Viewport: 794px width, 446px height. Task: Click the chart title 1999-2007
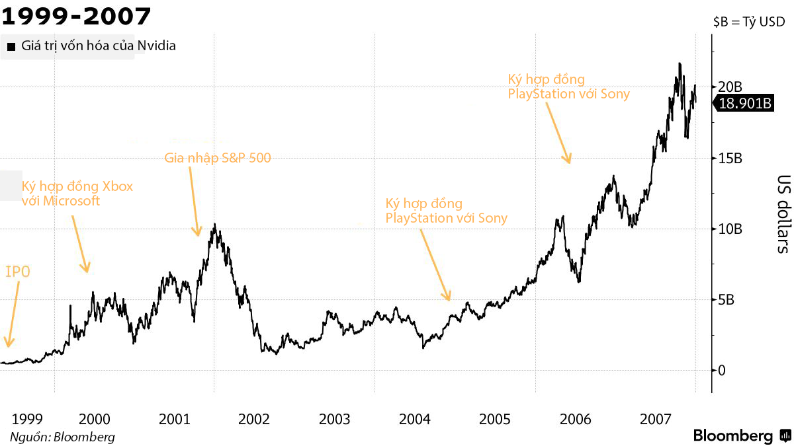click(76, 15)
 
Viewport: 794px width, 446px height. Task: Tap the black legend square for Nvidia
click(11, 47)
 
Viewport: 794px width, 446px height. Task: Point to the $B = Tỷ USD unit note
click(749, 22)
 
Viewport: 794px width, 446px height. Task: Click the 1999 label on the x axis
click(27, 419)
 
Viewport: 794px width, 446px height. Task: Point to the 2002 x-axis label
click(254, 419)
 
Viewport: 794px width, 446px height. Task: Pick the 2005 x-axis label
click(494, 419)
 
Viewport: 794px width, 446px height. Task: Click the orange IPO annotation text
click(18, 271)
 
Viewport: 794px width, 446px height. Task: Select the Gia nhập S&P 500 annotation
click(218, 158)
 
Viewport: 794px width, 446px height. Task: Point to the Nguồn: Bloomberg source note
click(62, 437)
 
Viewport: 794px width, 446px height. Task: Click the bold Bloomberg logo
click(732, 436)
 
